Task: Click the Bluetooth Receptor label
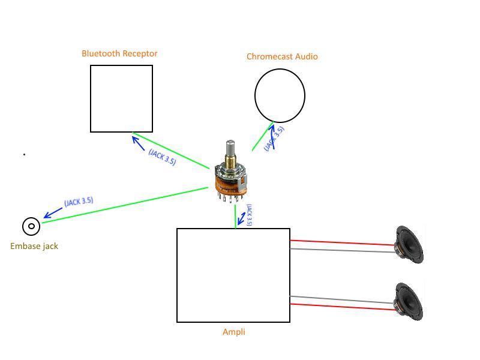[119, 53]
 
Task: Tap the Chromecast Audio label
[282, 56]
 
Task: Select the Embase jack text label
[34, 246]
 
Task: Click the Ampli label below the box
[233, 332]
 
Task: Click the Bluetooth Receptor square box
[121, 98]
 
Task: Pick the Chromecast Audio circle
[280, 95]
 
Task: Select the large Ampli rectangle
[233, 275]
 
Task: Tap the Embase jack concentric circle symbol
[31, 226]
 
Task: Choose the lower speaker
[409, 301]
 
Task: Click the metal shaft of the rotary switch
[230, 151]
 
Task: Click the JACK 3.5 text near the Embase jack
[79, 202]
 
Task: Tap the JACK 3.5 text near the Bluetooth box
[162, 157]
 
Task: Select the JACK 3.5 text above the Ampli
[249, 215]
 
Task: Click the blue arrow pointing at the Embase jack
[52, 212]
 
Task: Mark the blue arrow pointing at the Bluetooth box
[138, 143]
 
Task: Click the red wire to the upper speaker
[342, 242]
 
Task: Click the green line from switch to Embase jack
[126, 205]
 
